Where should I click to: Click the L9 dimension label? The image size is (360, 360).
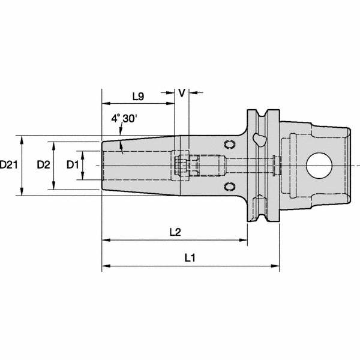click(x=137, y=97)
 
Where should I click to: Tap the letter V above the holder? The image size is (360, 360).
click(x=181, y=93)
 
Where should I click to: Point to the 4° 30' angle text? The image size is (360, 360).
click(x=124, y=119)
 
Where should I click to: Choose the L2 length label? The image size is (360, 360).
click(x=175, y=232)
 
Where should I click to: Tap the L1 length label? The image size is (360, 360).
click(x=190, y=257)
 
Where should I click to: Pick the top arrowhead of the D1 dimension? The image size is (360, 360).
click(x=83, y=153)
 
